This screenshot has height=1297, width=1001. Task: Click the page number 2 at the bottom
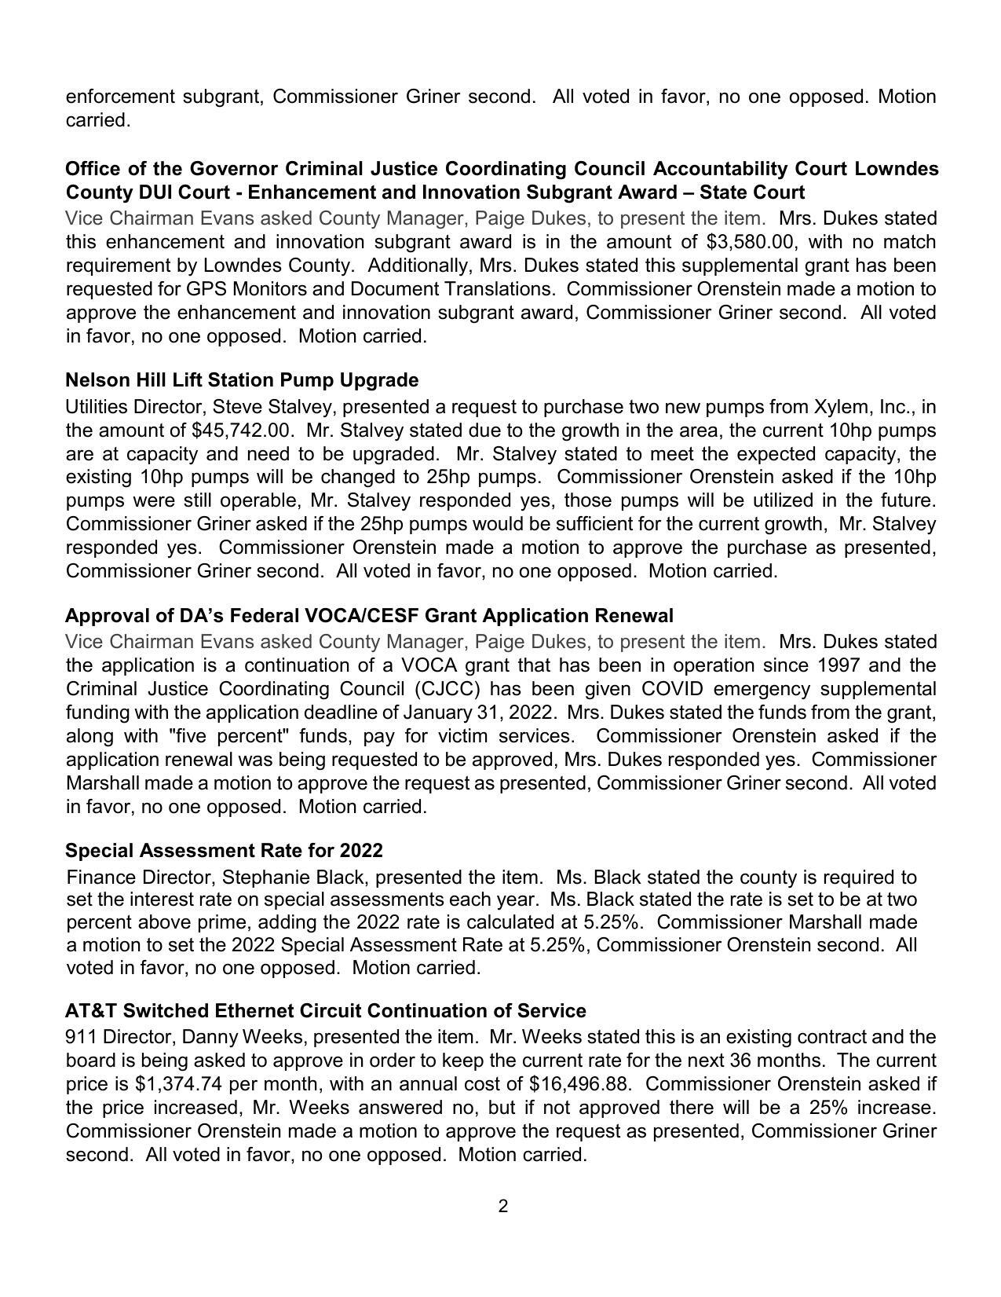[x=502, y=1206]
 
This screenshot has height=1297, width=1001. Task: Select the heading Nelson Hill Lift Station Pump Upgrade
[x=242, y=380]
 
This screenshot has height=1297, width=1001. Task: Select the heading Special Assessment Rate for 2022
[x=224, y=851]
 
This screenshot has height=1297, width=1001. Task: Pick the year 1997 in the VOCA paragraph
[x=842, y=665]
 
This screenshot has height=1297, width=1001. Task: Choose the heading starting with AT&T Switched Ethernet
[x=325, y=1011]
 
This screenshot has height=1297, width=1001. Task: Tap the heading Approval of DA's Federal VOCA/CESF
[x=369, y=615]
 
